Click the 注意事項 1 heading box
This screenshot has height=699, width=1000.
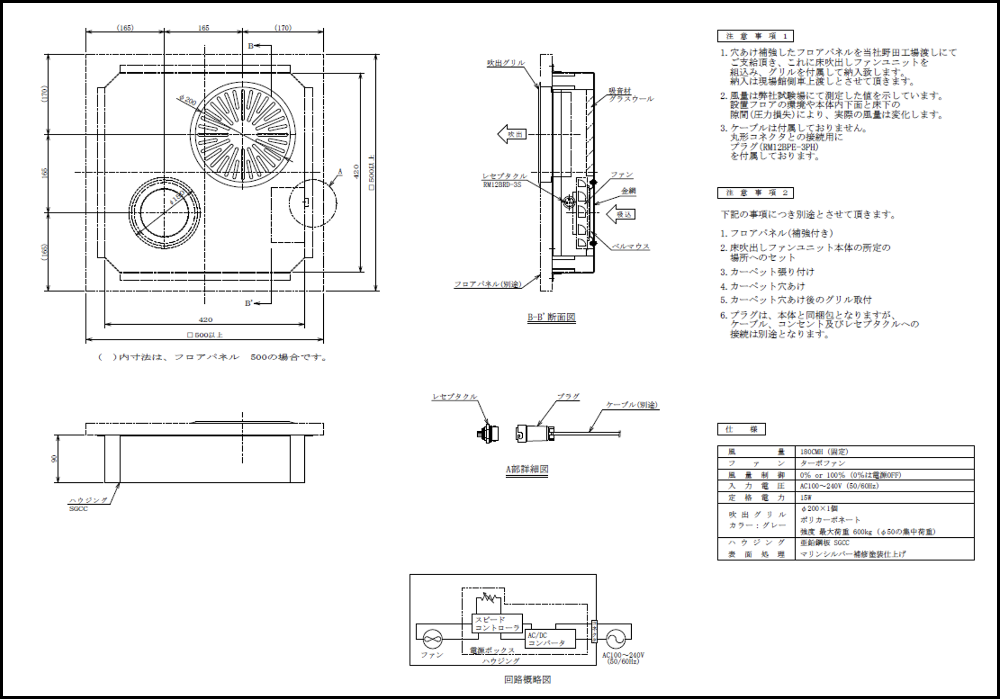[x=755, y=36]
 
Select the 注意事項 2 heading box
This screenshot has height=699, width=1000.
[x=755, y=193]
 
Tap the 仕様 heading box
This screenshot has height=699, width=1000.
[x=741, y=429]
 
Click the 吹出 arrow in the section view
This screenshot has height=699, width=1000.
[x=512, y=134]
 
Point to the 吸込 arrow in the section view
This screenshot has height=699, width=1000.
[x=621, y=214]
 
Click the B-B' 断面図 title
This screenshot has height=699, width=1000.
[x=551, y=317]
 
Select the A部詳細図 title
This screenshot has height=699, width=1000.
[x=526, y=469]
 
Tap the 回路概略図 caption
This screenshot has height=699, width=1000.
[x=527, y=680]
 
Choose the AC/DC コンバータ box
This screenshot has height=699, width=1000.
[x=550, y=639]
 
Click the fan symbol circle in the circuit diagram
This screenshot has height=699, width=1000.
[x=432, y=639]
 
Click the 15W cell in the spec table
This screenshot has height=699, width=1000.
[x=806, y=498]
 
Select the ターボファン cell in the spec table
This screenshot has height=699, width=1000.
[x=822, y=463]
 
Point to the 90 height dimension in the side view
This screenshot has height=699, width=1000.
[x=54, y=458]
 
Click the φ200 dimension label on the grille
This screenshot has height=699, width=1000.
[x=188, y=101]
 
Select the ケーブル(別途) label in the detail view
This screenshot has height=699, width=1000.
[x=632, y=405]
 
